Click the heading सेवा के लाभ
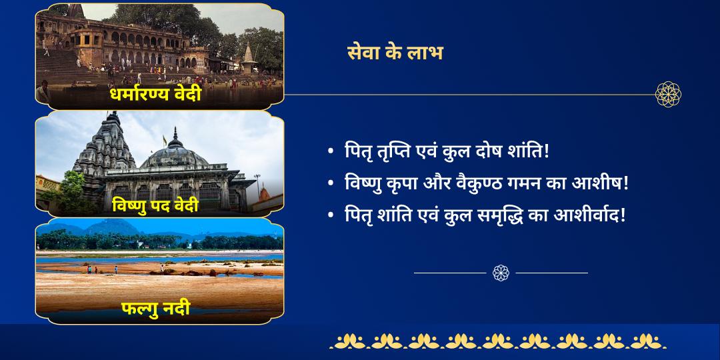pos(395,52)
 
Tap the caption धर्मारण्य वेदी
pos(155,95)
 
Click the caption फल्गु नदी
pos(155,309)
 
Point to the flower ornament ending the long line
pos(667,95)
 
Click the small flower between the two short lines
pos(501,273)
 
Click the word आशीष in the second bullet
pos(599,183)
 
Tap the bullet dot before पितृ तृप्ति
pos(331,152)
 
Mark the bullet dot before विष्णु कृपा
pos(331,183)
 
